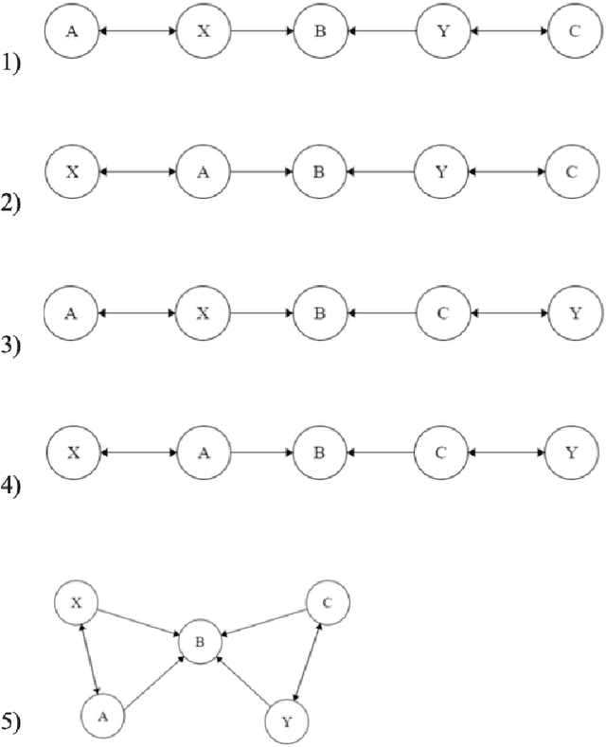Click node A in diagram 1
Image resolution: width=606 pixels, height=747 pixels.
[72, 31]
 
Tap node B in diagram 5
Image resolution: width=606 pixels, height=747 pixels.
[199, 642]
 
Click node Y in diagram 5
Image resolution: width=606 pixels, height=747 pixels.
[286, 720]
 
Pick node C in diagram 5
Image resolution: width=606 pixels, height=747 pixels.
[327, 601]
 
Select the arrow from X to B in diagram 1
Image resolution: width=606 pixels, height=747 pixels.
[260, 31]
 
